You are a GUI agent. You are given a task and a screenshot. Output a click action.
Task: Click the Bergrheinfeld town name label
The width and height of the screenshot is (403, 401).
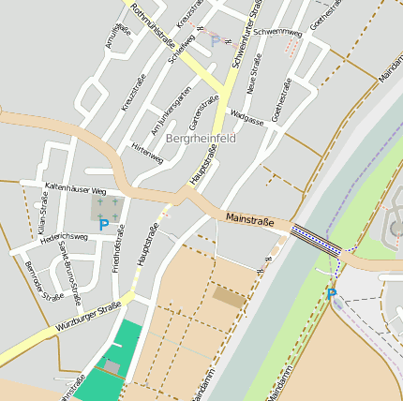[x=200, y=138]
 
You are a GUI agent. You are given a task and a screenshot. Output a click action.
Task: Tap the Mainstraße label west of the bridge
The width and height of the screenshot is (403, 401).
[x=249, y=222]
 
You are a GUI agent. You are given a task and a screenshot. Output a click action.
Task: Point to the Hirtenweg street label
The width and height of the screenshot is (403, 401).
[x=147, y=154]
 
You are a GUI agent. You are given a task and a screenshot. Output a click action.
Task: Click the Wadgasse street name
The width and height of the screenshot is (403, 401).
[x=246, y=119]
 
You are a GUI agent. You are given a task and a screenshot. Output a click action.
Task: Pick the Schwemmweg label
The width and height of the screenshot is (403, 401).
[x=277, y=32]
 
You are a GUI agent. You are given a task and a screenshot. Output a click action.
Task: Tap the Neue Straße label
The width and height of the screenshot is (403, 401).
[x=251, y=78]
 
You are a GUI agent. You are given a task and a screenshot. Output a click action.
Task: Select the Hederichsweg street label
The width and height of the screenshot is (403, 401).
[x=65, y=237]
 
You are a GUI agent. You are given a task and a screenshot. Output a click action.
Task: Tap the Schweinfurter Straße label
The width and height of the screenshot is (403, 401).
[x=244, y=36]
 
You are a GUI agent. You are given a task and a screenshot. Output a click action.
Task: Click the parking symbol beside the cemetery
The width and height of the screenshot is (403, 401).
[x=103, y=225]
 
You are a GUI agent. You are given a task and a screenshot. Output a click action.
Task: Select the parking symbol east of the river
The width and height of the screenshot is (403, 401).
[x=331, y=294]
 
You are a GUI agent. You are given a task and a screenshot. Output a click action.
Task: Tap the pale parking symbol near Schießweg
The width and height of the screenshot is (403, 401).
[x=215, y=40]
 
